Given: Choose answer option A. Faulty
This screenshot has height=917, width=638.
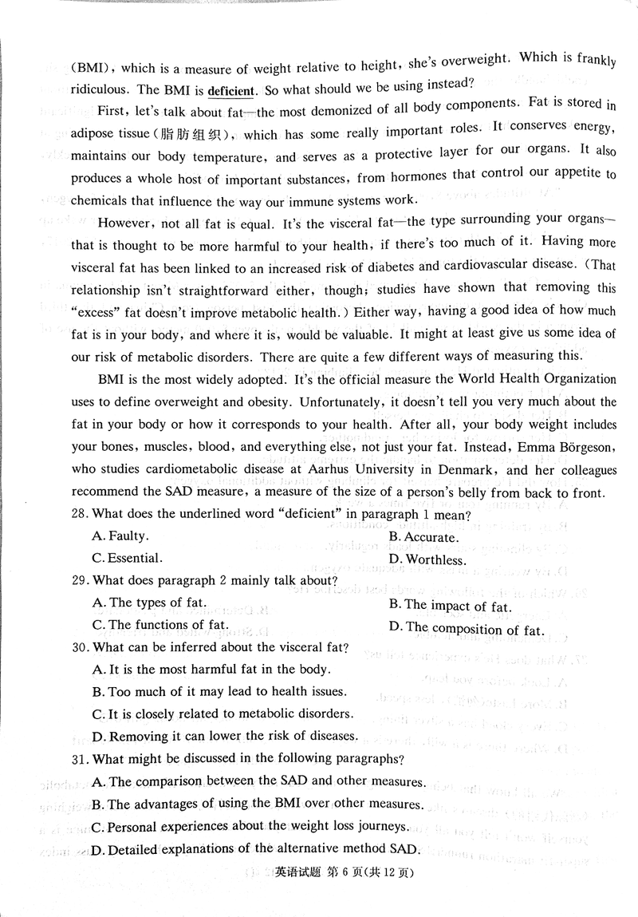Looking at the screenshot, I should (x=120, y=536).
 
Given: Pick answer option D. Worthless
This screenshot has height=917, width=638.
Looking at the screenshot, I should (x=426, y=559).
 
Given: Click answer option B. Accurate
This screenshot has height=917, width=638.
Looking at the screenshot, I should (x=425, y=537).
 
